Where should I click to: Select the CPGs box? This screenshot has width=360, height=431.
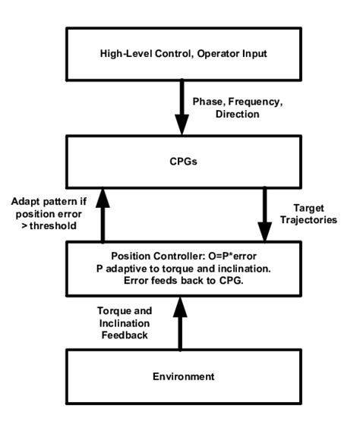(x=181, y=160)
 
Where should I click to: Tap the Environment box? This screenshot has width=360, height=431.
(x=181, y=375)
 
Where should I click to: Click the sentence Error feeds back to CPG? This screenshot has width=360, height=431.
(x=181, y=278)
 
